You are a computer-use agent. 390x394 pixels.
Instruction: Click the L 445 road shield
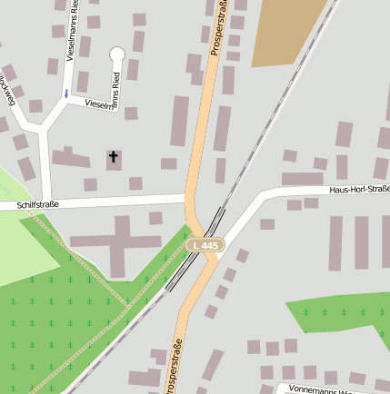pos(205,245)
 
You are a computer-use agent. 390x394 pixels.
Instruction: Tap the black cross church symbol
pos(114,158)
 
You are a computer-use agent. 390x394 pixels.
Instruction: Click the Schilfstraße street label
pos(37,205)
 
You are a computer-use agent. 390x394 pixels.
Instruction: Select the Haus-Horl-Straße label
pos(359,189)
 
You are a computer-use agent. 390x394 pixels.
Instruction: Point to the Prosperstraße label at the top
pos(217,29)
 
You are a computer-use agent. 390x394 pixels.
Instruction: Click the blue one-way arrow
pos(65,94)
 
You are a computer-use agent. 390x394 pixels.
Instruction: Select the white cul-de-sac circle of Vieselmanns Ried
pos(117,54)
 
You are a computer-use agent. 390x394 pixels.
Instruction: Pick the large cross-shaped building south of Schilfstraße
pos(119,241)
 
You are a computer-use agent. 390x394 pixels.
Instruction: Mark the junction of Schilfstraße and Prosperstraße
pos(189,198)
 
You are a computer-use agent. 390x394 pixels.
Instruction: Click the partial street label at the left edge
pos(8,89)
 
